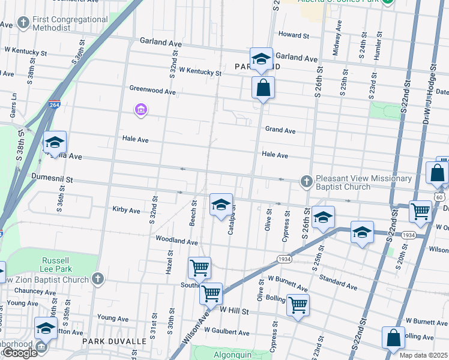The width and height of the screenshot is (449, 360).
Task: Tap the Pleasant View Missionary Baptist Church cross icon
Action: coord(306,181)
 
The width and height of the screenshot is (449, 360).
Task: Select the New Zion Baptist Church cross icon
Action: coord(98,279)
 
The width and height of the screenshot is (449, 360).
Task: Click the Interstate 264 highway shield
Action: coord(55,105)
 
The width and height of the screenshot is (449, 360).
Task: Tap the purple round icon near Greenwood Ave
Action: coord(142,110)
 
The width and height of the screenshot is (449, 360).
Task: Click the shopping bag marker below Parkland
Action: coord(263,89)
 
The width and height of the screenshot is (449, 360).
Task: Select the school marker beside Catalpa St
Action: coord(221,205)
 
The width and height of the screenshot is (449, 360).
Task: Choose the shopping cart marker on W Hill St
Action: coord(298,307)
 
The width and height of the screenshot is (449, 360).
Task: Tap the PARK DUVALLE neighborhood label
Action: coord(115,341)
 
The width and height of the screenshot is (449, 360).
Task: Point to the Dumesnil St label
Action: coord(52,179)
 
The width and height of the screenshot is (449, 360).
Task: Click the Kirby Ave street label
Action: coord(126,211)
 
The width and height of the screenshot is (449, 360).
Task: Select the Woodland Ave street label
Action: coord(176,241)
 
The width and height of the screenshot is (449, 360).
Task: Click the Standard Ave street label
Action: coord(339,280)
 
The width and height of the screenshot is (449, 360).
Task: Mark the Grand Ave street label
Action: coord(280,130)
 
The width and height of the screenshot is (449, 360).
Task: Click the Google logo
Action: coord(20,353)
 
